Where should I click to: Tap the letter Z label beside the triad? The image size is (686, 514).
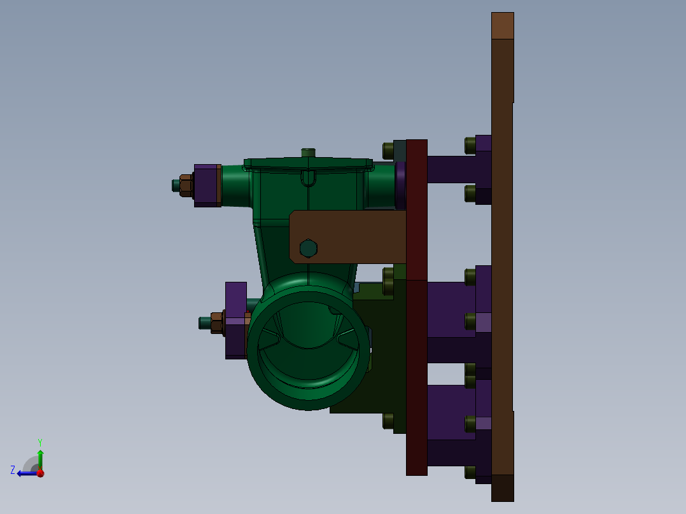13,470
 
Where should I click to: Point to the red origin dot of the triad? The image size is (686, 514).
40,473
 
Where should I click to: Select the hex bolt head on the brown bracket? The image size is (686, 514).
308,248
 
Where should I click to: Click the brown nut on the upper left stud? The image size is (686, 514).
186,185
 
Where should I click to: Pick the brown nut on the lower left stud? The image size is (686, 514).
217,323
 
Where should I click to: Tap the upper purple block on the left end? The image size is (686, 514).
206,185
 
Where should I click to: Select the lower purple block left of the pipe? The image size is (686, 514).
235,319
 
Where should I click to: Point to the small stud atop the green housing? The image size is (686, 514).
308,153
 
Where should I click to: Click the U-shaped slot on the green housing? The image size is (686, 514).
308,177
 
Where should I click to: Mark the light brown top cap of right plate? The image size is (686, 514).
502,25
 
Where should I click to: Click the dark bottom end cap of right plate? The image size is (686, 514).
502,488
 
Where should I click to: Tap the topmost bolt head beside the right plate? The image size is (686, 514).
470,145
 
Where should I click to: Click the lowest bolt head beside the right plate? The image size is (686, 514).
470,471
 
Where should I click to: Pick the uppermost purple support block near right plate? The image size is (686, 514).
458,169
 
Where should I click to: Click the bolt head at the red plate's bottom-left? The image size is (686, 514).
388,420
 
